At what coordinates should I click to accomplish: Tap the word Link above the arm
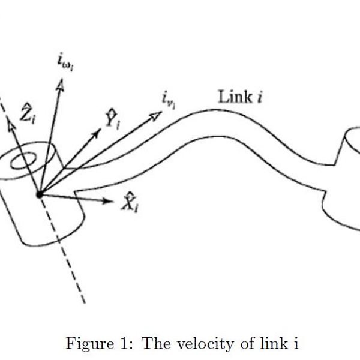click(234, 96)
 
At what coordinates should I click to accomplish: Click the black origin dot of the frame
click(40, 194)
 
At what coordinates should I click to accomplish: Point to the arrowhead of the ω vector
click(59, 86)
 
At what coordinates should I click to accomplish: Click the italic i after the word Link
click(259, 97)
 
